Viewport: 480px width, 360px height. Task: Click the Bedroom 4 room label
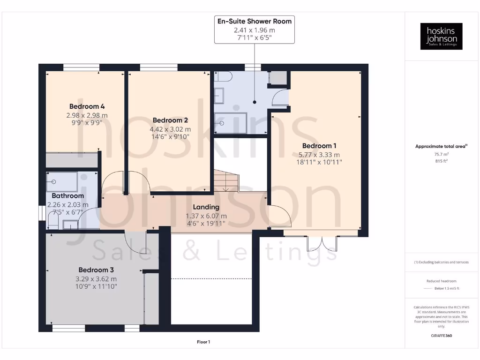(x=87, y=106)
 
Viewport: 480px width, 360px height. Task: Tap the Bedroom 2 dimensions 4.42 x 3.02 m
(x=170, y=129)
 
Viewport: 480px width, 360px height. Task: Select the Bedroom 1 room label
(x=319, y=146)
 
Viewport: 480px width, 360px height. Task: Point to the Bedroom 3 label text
(x=96, y=270)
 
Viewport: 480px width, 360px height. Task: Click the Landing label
(x=206, y=207)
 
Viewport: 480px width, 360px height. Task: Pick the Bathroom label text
(x=68, y=196)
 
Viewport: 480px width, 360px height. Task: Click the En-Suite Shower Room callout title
(x=255, y=21)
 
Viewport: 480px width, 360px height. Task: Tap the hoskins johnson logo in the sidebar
(x=441, y=37)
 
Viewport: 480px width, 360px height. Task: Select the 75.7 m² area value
(x=441, y=153)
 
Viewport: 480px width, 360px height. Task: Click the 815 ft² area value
(x=441, y=161)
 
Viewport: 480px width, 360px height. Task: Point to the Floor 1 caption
(x=203, y=342)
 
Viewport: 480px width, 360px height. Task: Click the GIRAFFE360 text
(x=441, y=336)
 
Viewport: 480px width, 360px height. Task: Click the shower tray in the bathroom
(x=62, y=181)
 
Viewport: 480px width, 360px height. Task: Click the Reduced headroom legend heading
(x=441, y=281)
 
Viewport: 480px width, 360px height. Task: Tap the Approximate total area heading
(x=441, y=146)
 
